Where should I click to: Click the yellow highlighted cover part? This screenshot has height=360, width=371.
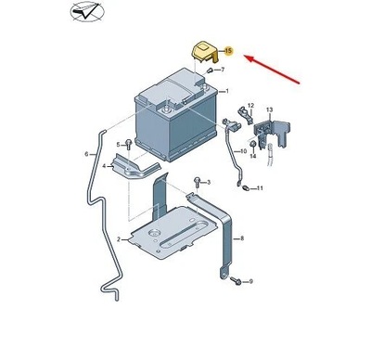point(202,50)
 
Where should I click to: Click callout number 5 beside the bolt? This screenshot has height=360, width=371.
point(119,145)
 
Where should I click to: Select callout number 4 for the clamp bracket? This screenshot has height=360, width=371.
point(104,167)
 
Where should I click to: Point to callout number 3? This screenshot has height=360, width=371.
point(209,182)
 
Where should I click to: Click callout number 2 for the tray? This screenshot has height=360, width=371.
point(118,240)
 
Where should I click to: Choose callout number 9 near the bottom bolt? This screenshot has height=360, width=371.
point(249,281)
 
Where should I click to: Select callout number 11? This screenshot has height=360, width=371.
point(261,188)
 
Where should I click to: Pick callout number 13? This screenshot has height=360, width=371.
point(270,110)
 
